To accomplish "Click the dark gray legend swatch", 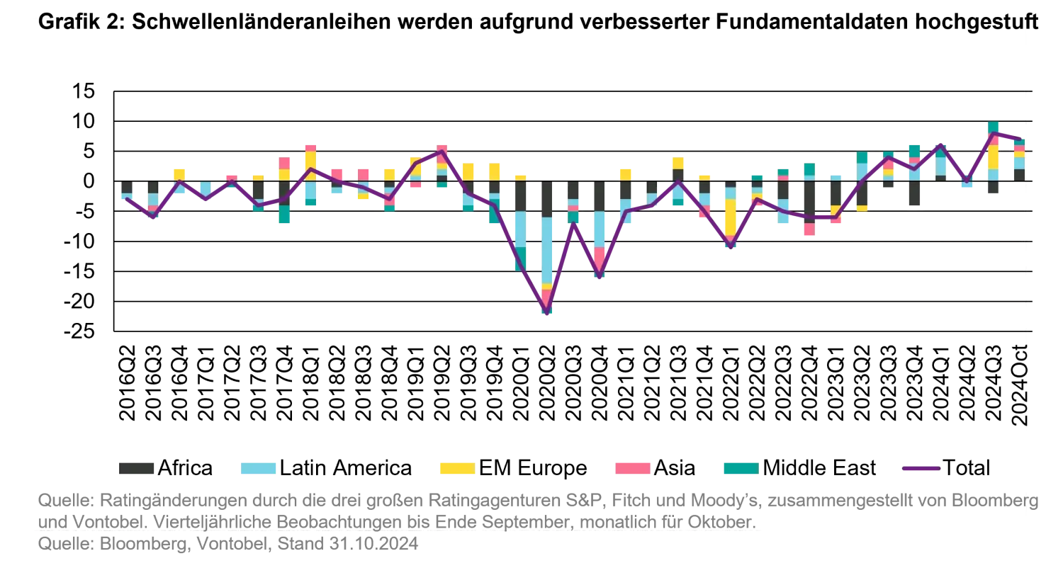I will [138, 467].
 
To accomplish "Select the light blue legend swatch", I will [258, 467].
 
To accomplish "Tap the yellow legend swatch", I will [456, 467].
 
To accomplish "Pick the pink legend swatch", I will [631, 467].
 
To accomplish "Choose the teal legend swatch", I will [740, 467].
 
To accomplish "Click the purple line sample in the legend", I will [921, 470].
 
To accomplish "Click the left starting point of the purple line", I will [126, 200].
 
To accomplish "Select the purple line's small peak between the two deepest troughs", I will [573, 224].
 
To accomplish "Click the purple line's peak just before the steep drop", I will [441, 151].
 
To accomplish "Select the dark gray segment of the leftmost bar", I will [127, 187].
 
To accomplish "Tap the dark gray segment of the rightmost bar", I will [1018, 174].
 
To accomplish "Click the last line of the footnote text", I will [227, 547].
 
